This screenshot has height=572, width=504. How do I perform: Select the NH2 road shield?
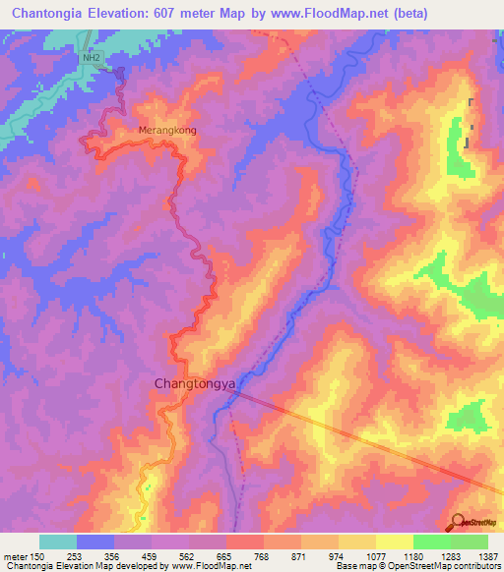click(x=92, y=59)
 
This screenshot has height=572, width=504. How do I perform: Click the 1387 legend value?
click(x=486, y=555)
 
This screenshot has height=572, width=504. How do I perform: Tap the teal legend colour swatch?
click(x=58, y=542)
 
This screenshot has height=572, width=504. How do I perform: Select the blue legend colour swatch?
click(x=95, y=542)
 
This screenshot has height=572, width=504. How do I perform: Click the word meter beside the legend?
click(x=14, y=555)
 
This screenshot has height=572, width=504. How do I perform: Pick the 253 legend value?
click(x=76, y=555)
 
